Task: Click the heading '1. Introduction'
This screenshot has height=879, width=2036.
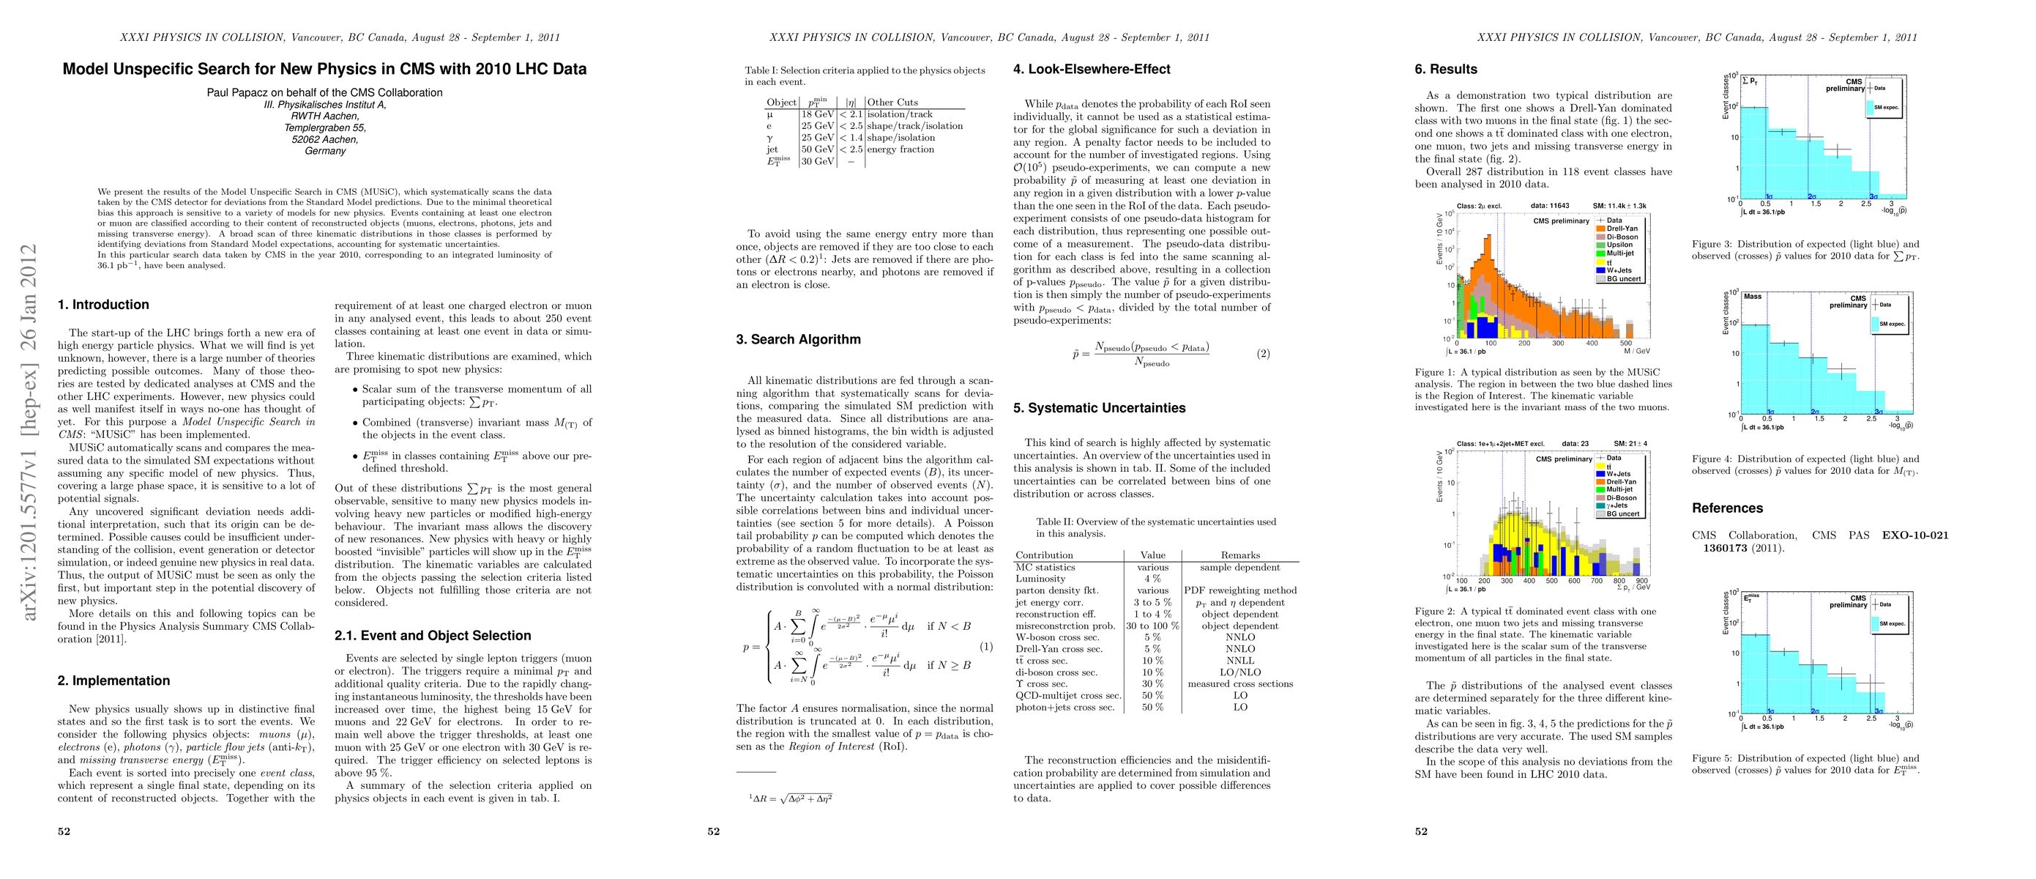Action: pyautogui.click(x=103, y=304)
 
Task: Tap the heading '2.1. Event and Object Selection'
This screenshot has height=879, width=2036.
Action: pyautogui.click(x=433, y=636)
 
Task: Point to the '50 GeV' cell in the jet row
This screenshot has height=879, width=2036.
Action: pyautogui.click(x=817, y=149)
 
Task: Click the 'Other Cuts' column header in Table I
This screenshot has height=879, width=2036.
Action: pyautogui.click(x=892, y=102)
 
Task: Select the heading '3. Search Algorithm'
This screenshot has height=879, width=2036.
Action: pyautogui.click(x=798, y=339)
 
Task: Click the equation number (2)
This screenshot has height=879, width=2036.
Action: pyautogui.click(x=1263, y=353)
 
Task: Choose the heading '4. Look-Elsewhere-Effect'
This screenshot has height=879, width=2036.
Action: pyautogui.click(x=1092, y=70)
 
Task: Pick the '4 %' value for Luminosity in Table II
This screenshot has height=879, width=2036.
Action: pyautogui.click(x=1152, y=579)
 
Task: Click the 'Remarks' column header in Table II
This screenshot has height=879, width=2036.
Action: pyautogui.click(x=1240, y=555)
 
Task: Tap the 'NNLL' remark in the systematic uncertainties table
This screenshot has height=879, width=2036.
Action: pyautogui.click(x=1240, y=660)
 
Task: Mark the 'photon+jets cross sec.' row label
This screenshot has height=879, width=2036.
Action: pyautogui.click(x=1064, y=708)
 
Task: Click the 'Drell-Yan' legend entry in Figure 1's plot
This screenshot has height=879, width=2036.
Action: pyautogui.click(x=1622, y=229)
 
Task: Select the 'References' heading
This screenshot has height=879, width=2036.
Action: pyautogui.click(x=1727, y=508)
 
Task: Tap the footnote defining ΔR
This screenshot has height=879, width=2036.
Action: pyautogui.click(x=791, y=798)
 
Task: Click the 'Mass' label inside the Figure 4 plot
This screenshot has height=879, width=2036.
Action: pyautogui.click(x=1753, y=297)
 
